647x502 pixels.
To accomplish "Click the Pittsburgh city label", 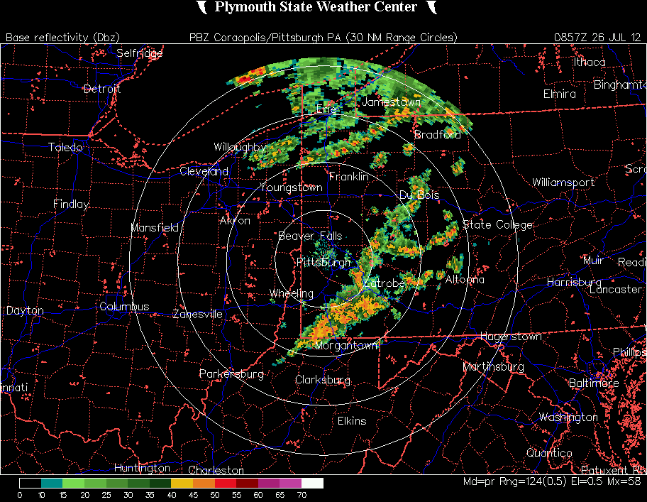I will tap(323, 263).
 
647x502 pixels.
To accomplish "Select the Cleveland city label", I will tap(204, 172).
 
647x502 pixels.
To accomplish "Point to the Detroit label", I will tap(102, 89).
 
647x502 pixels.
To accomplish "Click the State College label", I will tap(497, 225).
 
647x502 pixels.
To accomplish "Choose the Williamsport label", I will tap(563, 182).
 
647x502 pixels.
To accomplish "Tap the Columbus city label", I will tap(124, 307).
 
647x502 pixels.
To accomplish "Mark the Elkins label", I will tap(352, 421).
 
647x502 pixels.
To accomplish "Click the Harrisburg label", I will tap(574, 283).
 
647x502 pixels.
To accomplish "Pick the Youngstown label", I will tap(291, 188).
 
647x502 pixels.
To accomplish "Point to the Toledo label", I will tap(65, 148).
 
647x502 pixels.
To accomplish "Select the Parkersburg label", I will tap(231, 373).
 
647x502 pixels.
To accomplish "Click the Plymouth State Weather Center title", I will tap(316, 7).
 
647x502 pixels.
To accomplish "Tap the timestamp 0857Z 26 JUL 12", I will tap(598, 37).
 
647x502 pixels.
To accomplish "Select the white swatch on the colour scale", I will tap(312, 483).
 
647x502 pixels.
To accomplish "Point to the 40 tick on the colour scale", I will tap(171, 495).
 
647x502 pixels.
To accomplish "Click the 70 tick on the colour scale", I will tap(302, 495).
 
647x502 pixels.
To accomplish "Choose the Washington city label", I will tap(568, 418).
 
